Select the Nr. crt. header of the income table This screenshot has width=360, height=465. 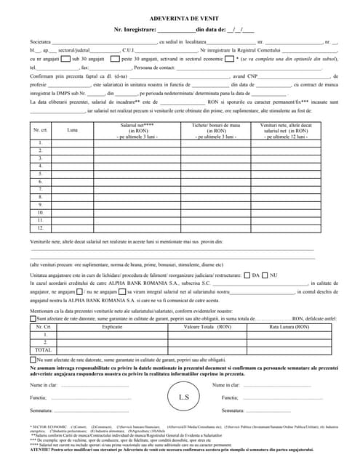point(40,130)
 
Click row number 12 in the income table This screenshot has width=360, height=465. point(40,227)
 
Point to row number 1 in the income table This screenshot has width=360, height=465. point(40,142)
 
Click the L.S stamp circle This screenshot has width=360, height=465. point(183,397)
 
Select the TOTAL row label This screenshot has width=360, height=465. point(44,349)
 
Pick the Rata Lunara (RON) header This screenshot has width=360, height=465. point(289,327)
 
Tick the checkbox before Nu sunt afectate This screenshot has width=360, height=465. point(32,360)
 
